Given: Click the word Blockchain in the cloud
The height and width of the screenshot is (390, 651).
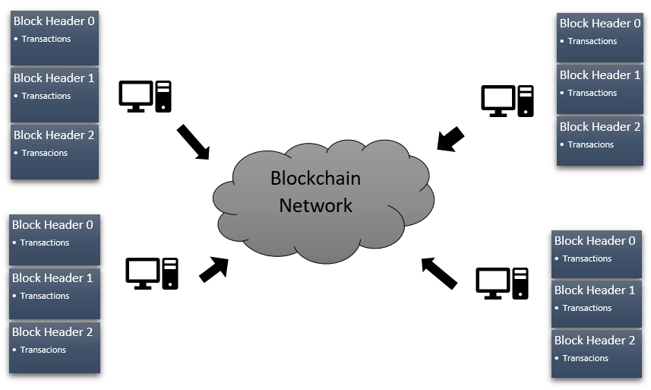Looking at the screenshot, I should point(315,179).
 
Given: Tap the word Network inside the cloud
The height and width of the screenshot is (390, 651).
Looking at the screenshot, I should point(315,205).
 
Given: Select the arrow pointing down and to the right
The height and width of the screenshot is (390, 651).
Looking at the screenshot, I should point(193,142).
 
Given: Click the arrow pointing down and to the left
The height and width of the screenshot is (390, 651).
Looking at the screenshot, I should point(450,139).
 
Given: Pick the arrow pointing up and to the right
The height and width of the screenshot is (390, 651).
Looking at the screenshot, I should point(213,269).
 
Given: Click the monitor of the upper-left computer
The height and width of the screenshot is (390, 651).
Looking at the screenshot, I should point(136,94).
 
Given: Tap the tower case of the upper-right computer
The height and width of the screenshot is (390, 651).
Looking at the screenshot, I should point(525,100).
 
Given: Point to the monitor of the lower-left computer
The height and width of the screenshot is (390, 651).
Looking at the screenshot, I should point(143,271).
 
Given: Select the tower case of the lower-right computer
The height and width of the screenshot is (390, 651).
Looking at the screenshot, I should point(520,283).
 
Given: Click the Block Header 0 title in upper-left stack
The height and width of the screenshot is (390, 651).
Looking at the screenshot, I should point(54,21).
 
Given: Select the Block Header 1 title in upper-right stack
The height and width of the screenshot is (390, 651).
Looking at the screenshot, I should point(600,75).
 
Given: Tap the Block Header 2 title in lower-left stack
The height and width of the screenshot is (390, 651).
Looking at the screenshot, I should point(52,331).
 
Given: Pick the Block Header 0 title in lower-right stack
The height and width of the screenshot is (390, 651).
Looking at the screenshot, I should point(595,240).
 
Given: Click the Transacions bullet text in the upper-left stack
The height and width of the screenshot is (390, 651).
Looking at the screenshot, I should point(45,153).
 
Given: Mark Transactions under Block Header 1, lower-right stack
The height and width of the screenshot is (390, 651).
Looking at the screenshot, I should point(587,308).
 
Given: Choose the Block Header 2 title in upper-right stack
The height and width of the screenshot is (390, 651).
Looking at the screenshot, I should point(600,127).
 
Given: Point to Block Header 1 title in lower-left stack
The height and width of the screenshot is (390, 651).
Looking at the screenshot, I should point(52,278).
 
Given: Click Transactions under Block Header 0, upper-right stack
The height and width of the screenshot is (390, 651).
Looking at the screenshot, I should point(593,41).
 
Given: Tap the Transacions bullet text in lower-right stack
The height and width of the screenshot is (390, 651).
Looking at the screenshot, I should point(586,358).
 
